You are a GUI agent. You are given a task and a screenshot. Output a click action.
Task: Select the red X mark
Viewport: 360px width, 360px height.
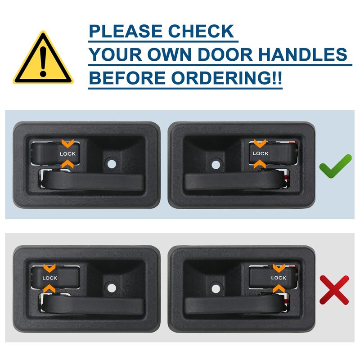click(334, 290)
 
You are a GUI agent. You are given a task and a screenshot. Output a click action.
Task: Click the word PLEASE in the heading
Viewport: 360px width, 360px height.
click(126, 31)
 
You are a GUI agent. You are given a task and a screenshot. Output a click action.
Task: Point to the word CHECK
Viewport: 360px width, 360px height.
click(201, 31)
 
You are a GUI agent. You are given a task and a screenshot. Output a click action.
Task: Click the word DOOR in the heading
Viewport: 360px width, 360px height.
click(225, 54)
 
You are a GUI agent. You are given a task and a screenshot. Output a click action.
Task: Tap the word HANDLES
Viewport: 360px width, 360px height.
click(303, 54)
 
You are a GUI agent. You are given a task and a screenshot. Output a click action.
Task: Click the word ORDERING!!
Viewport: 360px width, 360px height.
click(226, 78)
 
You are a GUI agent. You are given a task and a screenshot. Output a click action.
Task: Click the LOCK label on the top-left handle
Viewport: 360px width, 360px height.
click(67, 154)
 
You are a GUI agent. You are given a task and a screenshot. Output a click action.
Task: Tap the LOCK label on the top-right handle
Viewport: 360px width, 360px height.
click(261, 153)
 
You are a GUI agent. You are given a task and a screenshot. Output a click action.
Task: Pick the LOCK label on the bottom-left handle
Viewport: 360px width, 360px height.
click(49, 278)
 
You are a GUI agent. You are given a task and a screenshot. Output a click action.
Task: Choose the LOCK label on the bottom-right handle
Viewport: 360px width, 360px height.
click(279, 278)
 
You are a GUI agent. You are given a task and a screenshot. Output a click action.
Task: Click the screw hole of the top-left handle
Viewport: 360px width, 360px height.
click(112, 164)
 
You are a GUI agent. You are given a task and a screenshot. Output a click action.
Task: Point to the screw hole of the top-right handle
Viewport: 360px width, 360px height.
click(216, 165)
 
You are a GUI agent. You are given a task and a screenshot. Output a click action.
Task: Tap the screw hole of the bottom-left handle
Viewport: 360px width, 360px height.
click(112, 288)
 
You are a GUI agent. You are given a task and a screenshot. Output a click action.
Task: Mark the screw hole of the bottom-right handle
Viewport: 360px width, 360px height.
click(216, 289)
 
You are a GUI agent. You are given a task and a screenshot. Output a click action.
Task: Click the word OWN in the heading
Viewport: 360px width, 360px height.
click(170, 54)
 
